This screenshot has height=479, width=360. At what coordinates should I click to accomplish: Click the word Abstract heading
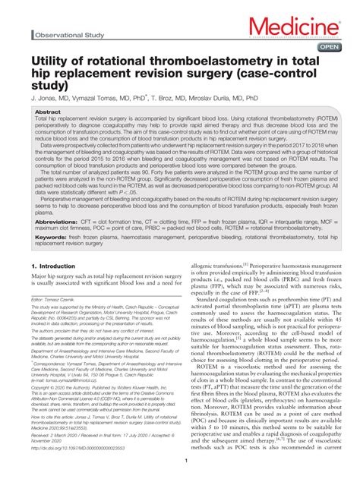tap(48, 112)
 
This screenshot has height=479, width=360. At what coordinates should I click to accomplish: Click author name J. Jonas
tap(44, 99)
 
